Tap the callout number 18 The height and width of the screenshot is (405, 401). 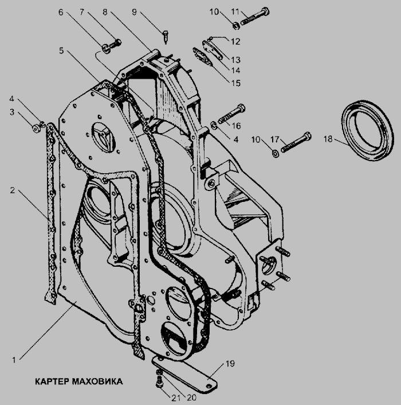tap(328, 139)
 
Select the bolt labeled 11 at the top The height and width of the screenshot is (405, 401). tap(255, 17)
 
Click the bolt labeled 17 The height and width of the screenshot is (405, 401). tap(296, 142)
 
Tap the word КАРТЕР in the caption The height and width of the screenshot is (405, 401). tap(52, 381)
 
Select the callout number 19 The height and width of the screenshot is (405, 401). tap(230, 364)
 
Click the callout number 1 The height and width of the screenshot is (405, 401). tap(14, 360)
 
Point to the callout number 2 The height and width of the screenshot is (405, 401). tap(13, 190)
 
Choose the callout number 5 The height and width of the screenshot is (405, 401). tap(61, 50)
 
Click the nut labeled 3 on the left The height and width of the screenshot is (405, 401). tap(36, 128)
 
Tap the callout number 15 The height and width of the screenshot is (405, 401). tap(235, 83)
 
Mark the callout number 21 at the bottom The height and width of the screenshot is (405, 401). tap(176, 398)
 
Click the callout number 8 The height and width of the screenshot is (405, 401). tap(105, 12)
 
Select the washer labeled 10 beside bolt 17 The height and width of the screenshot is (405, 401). tap(276, 154)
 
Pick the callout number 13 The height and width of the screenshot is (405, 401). tap(235, 60)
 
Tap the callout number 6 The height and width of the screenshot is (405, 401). tap(61, 12)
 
